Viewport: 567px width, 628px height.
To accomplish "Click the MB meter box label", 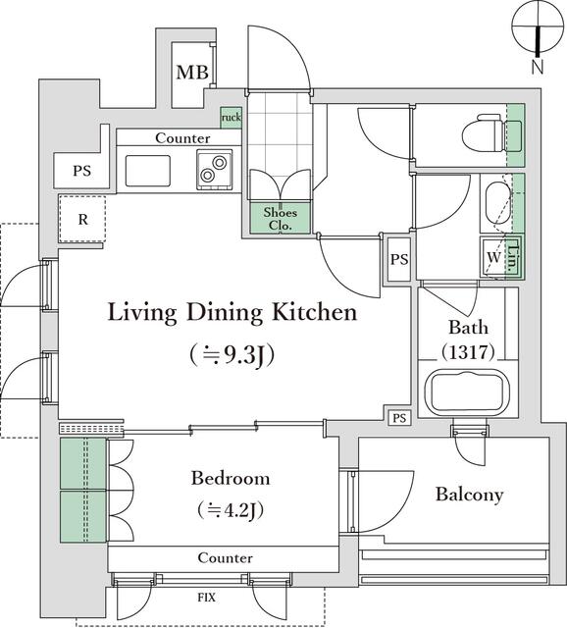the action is pyautogui.click(x=192, y=73).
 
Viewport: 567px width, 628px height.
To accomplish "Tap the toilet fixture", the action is pyautogui.click(x=491, y=134).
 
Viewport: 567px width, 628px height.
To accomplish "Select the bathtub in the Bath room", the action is pyautogui.click(x=467, y=392).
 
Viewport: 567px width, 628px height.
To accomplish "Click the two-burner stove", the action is pyautogui.click(x=214, y=169).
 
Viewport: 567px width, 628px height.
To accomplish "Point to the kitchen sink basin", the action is pyautogui.click(x=148, y=171).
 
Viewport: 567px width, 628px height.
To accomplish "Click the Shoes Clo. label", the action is pyautogui.click(x=281, y=219).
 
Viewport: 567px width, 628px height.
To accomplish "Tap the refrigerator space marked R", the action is pyautogui.click(x=82, y=219).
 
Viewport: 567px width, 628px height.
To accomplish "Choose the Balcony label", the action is pyautogui.click(x=469, y=495).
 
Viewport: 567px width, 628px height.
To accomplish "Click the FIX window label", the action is pyautogui.click(x=207, y=598).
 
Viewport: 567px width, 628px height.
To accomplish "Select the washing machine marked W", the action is pyautogui.click(x=493, y=257).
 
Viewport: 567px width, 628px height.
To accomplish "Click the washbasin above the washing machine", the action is pyautogui.click(x=497, y=204).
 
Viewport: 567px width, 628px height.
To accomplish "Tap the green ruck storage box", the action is pyautogui.click(x=232, y=118).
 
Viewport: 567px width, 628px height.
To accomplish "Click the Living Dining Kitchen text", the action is pyautogui.click(x=232, y=313).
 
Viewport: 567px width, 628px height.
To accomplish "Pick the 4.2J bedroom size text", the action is pyautogui.click(x=231, y=510).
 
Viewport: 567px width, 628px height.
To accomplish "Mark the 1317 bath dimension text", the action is pyautogui.click(x=468, y=352).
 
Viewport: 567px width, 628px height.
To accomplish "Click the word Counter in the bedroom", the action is pyautogui.click(x=225, y=558).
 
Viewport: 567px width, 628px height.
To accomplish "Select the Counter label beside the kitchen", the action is pyautogui.click(x=182, y=138).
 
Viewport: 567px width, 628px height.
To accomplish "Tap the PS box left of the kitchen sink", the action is pyautogui.click(x=81, y=171).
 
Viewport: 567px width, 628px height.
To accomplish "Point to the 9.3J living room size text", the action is pyautogui.click(x=232, y=355).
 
